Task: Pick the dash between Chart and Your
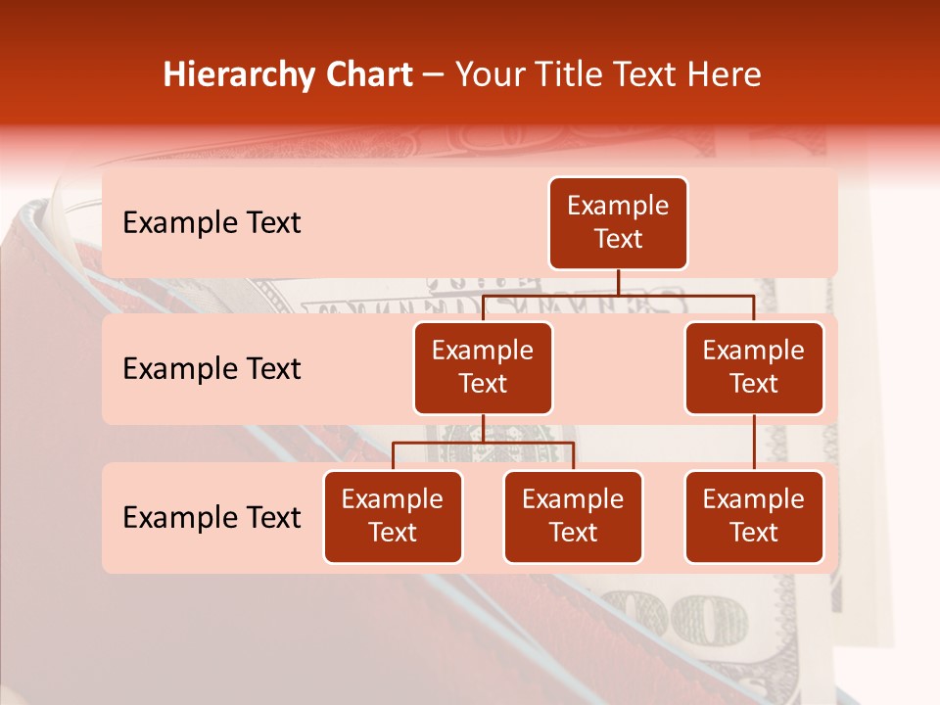click(x=434, y=76)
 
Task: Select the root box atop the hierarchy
click(x=618, y=223)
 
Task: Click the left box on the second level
click(x=483, y=368)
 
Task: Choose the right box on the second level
click(x=754, y=368)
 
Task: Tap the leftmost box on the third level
click(x=393, y=517)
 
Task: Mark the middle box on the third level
click(x=573, y=517)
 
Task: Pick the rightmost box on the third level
click(x=754, y=517)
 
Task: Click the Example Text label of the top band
click(x=211, y=223)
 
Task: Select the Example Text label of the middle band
click(x=211, y=369)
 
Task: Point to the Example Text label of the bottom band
click(x=211, y=518)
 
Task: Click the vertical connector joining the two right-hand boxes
click(x=754, y=443)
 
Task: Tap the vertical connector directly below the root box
click(x=618, y=282)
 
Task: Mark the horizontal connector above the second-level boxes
click(x=618, y=295)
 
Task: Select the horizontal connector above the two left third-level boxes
click(x=483, y=444)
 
